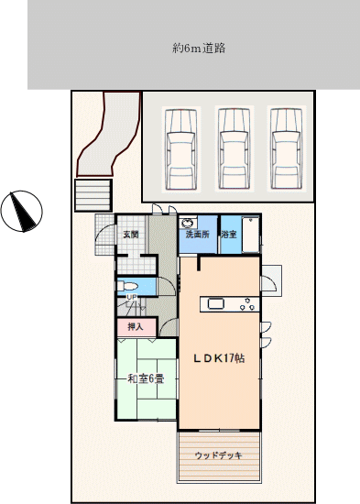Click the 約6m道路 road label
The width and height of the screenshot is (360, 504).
(x=199, y=49)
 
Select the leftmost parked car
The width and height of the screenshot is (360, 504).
(x=181, y=149)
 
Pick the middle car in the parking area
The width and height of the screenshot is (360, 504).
(x=234, y=149)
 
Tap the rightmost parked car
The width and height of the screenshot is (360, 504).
(x=287, y=149)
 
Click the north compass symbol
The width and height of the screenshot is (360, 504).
(x=22, y=211)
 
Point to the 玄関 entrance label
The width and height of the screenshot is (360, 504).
(x=131, y=235)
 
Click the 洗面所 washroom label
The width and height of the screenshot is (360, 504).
(x=197, y=234)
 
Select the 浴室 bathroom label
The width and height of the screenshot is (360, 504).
(x=229, y=234)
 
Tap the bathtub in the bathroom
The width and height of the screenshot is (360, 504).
(x=250, y=235)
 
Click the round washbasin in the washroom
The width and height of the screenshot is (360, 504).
(x=188, y=223)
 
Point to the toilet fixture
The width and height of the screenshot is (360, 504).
(x=127, y=286)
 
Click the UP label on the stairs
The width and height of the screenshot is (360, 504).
(x=132, y=297)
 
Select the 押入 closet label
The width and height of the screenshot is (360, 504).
(x=136, y=327)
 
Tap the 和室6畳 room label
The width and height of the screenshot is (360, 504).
(x=146, y=378)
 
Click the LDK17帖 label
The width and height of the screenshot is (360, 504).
(x=219, y=358)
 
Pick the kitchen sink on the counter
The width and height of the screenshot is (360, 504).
(x=215, y=303)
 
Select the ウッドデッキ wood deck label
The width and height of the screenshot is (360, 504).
(x=218, y=455)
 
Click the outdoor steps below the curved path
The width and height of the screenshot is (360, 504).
(x=93, y=195)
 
